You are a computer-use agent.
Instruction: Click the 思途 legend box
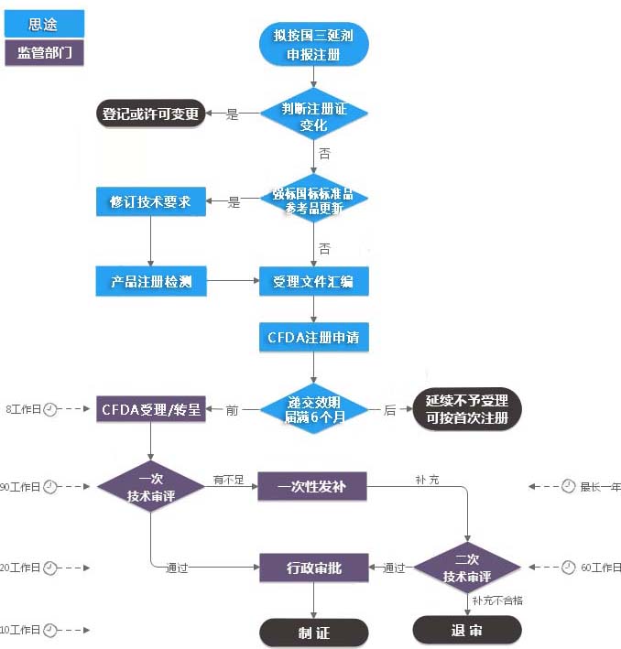44,24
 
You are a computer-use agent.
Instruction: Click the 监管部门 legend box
44,52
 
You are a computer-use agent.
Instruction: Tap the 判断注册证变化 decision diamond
313,115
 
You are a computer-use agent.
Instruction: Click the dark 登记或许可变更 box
150,114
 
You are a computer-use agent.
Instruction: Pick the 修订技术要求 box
150,201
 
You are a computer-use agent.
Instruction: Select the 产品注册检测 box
150,282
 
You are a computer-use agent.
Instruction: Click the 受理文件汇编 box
313,282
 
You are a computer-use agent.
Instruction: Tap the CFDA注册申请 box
313,338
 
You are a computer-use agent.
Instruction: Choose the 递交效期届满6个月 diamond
313,410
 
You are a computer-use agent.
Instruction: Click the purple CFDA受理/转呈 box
150,409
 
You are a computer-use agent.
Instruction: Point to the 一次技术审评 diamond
150,487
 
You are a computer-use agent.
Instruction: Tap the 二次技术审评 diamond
467,568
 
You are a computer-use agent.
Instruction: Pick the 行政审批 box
313,568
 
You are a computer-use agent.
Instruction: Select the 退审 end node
467,630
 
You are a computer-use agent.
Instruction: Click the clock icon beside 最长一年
568,486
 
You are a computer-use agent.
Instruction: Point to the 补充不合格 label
497,600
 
